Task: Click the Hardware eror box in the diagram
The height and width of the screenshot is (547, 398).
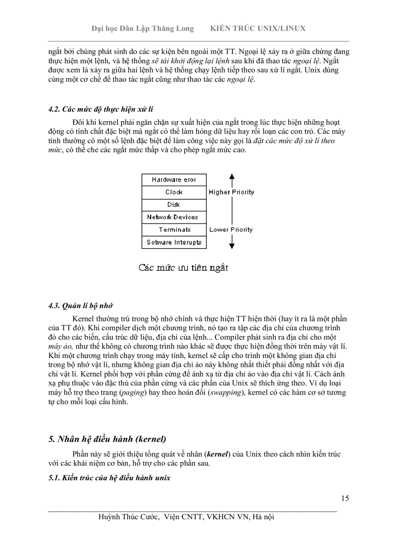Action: pos(174,180)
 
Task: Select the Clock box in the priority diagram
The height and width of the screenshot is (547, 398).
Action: pos(174,192)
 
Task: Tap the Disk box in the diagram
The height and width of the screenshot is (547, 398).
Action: pos(174,205)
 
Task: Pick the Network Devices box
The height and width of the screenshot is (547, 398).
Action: pos(174,217)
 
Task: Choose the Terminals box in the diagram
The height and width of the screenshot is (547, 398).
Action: pos(174,230)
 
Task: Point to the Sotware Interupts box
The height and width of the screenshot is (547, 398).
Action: pos(174,242)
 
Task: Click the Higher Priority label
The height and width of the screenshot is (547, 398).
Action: pos(231,192)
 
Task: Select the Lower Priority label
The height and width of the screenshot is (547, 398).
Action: pos(231,230)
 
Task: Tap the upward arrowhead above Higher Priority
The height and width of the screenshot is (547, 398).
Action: pos(232,177)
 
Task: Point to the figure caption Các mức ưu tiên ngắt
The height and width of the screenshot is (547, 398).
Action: pos(183,268)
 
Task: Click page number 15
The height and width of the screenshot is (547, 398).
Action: pos(345,498)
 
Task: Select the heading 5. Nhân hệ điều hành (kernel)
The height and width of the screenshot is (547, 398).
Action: pos(111,438)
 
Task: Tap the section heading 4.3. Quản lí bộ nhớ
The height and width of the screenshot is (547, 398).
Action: pos(80,306)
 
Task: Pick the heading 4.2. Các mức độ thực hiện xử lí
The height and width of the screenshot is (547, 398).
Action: pos(104,109)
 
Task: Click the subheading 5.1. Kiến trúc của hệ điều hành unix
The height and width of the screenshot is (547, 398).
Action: pos(109,478)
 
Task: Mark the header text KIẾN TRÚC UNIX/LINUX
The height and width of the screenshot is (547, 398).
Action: pos(258,28)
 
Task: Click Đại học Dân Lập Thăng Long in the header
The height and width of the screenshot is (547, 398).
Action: pos(142,28)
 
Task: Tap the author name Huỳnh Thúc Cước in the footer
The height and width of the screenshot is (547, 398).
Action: pos(129,517)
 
